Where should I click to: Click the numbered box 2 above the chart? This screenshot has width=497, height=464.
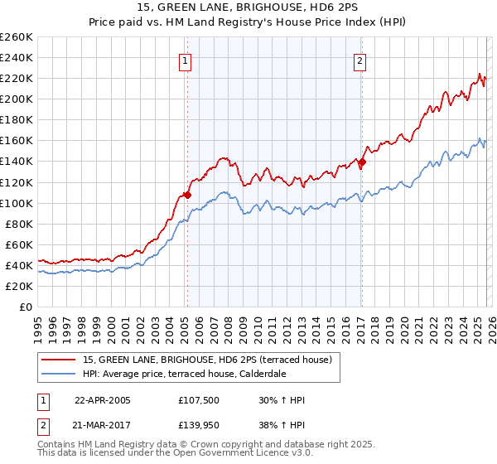360,60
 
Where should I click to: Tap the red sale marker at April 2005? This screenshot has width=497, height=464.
187,196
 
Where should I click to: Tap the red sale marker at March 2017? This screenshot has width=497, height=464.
362,162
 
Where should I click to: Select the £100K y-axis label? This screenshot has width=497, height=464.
17,203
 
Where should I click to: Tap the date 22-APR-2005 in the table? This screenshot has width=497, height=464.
102,400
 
